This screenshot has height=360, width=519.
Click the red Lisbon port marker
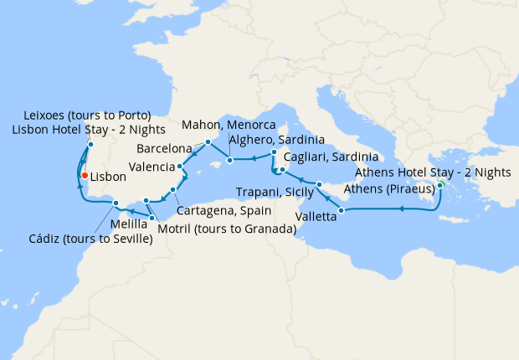pos(85,175)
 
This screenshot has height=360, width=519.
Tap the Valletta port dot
pos(342,209)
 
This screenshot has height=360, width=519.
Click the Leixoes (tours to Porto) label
pos(81,115)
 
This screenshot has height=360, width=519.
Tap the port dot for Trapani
pos(319,183)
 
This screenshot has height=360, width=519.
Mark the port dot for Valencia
pos(181,166)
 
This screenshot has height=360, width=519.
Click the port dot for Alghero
pos(274,153)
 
